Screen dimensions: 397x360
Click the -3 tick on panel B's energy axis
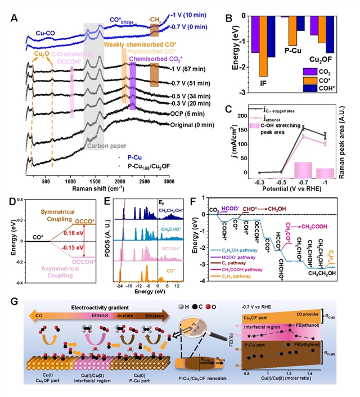[x=242, y=92]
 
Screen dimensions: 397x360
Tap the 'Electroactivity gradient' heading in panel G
[x=91, y=308]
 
